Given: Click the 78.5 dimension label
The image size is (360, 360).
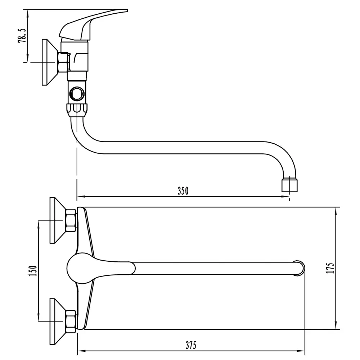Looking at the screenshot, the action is (22, 36).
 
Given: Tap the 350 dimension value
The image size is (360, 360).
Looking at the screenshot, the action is (183, 191).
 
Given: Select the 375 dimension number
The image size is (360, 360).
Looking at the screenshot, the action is (191, 345).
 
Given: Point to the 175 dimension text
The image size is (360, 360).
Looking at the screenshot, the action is (330, 268).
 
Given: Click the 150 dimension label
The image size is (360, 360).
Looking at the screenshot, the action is (33, 271).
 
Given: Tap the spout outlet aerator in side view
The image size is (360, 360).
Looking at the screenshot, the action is (289, 185).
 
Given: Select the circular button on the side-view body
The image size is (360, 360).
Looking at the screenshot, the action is (77, 94).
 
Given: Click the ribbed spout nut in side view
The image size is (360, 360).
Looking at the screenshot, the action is (77, 111).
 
